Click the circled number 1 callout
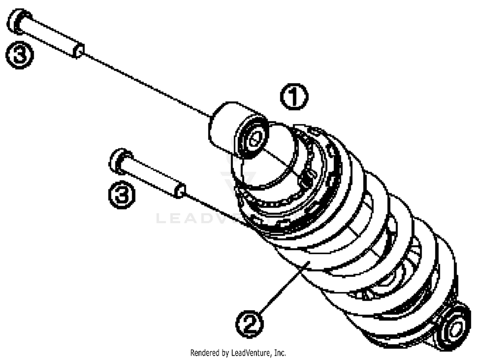point(294,97)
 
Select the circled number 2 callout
point(250,324)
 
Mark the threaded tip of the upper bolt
point(78,50)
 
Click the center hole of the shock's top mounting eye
point(255,139)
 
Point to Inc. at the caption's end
point(280,353)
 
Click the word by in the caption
point(225,353)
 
